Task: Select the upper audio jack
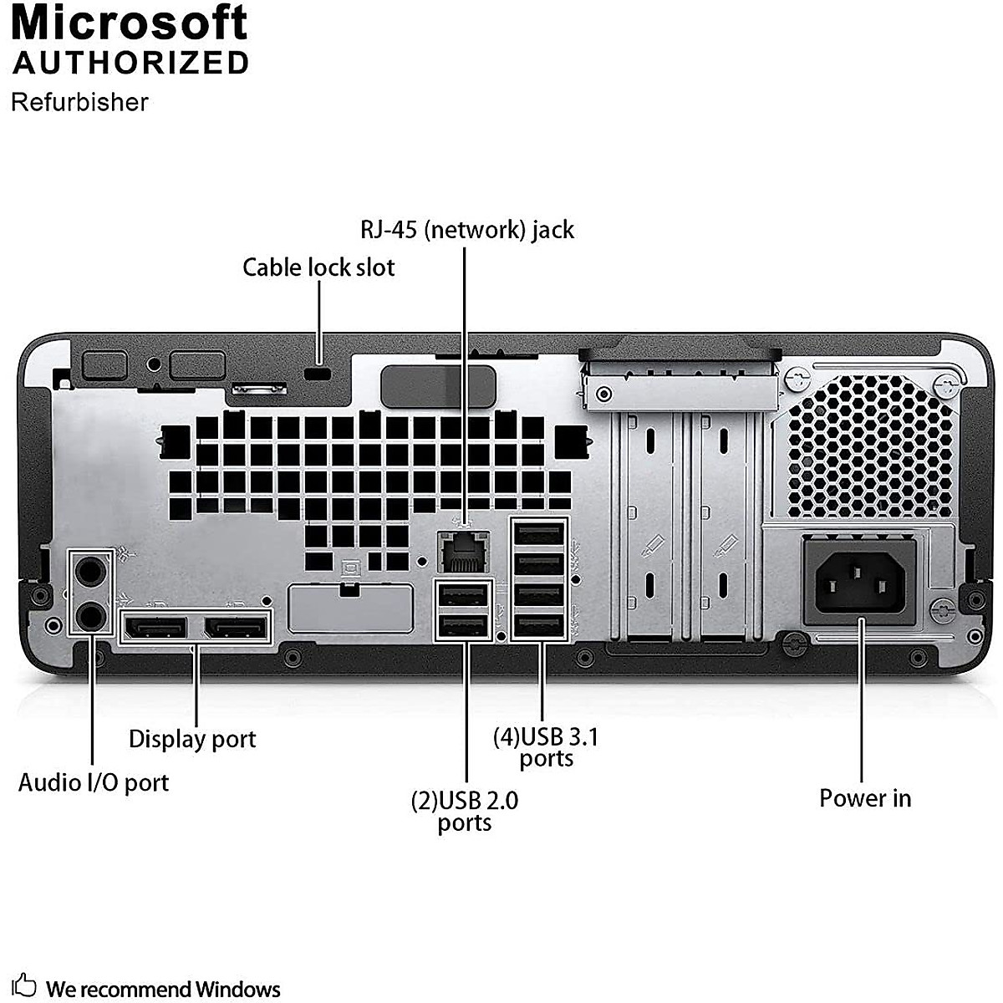[x=89, y=570]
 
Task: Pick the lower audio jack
[x=89, y=616]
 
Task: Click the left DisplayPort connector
[x=156, y=627]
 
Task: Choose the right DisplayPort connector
[x=237, y=627]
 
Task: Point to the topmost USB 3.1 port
[x=539, y=534]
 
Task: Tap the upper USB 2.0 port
[x=462, y=595]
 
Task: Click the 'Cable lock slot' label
[x=318, y=267]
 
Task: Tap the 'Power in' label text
[x=864, y=798]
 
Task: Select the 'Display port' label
[x=192, y=739]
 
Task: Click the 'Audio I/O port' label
[x=94, y=782]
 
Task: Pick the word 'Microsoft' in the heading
[x=130, y=23]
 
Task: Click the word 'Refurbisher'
[x=79, y=102]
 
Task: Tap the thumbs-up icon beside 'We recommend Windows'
[x=25, y=985]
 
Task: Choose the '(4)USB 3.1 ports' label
[x=546, y=747]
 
